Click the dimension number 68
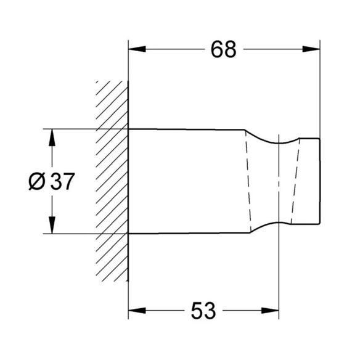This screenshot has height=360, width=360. click(223, 49)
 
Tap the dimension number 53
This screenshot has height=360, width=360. click(203, 311)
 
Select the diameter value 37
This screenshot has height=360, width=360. click(62, 181)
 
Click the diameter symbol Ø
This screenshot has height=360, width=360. click(37, 181)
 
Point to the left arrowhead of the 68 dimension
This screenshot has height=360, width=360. click(137, 49)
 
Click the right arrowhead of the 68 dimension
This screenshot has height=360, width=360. click(311, 49)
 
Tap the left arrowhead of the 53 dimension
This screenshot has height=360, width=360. click(137, 311)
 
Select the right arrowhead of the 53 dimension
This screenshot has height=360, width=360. click(270, 311)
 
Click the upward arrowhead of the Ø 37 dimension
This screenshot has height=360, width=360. click(52, 137)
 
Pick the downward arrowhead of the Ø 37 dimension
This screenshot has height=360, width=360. click(52, 225)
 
